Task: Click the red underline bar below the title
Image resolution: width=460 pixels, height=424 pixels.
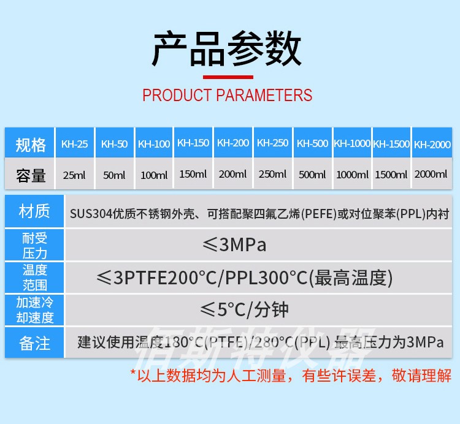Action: pos(228,77)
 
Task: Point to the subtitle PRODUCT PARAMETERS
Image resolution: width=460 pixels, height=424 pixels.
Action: pos(227,96)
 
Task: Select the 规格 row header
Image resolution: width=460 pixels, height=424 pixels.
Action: pos(31,145)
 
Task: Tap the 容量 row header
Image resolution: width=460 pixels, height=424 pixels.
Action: pos(31,175)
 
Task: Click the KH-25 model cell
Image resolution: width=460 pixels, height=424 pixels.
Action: pos(74,145)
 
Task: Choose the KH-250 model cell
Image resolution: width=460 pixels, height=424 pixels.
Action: pos(272,143)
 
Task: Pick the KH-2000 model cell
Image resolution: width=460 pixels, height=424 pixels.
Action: pos(432,145)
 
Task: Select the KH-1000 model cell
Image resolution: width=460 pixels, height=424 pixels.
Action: pos(352,143)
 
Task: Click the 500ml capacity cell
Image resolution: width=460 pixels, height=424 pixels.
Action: pos(312,175)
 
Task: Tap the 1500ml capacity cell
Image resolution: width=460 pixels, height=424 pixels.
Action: pos(391,175)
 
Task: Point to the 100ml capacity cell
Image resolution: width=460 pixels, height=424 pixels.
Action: pos(154,175)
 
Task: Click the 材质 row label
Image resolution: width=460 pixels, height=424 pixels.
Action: pos(34,212)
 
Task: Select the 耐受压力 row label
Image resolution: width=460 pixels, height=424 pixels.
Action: pos(34,245)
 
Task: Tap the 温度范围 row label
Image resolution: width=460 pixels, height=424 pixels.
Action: pos(34,278)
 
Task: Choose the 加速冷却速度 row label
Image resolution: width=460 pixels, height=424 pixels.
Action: pos(34,310)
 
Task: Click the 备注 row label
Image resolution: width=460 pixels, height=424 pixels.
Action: pos(34,343)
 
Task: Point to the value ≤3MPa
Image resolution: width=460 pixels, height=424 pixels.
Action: pos(234,245)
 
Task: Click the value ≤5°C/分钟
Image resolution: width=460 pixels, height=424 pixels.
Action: pos(245,309)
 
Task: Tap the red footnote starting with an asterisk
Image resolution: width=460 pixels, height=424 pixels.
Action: pos(291,375)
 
